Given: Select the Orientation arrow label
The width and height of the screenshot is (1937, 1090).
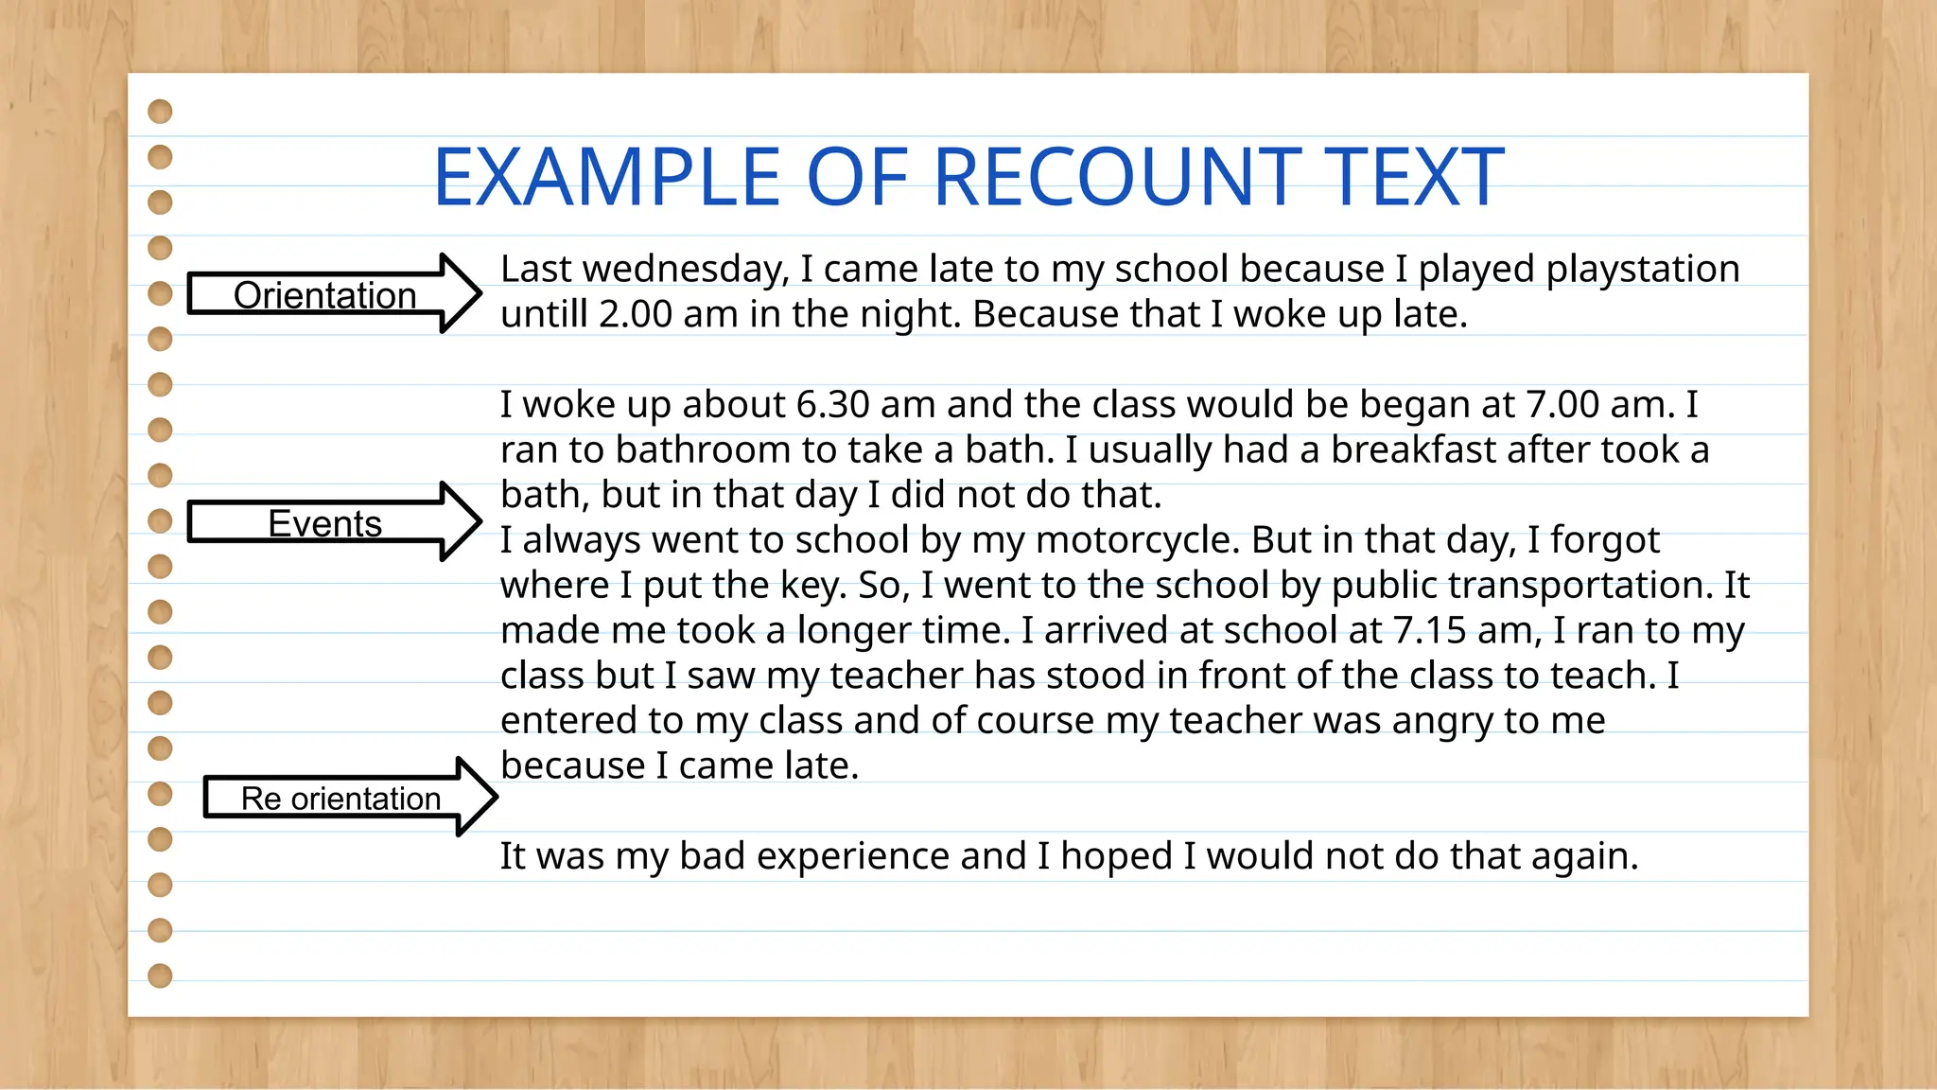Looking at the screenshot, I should (x=324, y=295).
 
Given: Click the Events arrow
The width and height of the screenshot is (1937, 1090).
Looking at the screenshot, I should (x=324, y=523).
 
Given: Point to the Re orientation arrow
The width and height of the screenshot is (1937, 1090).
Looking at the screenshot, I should (x=340, y=799).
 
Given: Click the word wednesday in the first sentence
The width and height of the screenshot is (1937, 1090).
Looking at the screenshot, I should (x=685, y=269).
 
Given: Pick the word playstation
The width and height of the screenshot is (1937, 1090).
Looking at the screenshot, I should (x=1643, y=269).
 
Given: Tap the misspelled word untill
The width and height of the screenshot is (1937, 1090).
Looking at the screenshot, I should (x=544, y=314).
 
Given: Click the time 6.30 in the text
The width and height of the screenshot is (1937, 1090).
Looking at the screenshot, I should (x=832, y=404).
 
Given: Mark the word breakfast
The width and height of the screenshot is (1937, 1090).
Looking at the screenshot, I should (x=1414, y=449).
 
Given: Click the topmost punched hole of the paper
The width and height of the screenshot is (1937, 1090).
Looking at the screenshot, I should (x=161, y=112).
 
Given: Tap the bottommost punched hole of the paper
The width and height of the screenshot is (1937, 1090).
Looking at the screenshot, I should (x=161, y=976).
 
